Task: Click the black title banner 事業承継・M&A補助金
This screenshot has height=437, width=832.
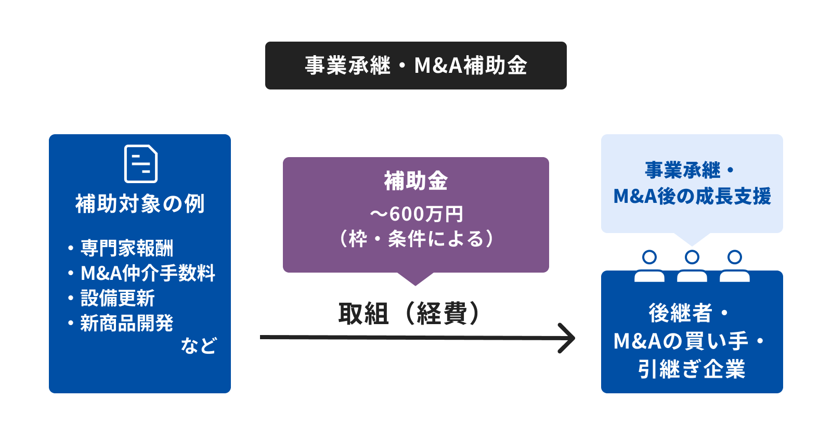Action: click(415, 66)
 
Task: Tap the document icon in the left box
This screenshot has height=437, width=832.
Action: click(141, 164)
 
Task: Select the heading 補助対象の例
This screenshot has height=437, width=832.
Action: click(140, 203)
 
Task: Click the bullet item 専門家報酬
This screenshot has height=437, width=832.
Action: click(127, 248)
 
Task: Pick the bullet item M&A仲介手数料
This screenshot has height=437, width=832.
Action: click(148, 273)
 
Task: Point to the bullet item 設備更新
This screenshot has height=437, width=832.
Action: click(118, 298)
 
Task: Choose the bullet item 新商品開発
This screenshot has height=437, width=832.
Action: click(127, 323)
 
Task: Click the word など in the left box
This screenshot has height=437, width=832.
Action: click(198, 345)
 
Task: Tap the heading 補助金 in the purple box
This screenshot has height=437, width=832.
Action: click(415, 182)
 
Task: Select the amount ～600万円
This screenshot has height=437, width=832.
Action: click(416, 214)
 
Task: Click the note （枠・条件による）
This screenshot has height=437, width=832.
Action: click(416, 239)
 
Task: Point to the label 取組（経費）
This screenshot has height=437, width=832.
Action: click(410, 313)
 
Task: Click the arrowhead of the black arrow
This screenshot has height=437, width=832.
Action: click(571, 338)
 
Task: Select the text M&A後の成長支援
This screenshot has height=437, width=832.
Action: click(692, 196)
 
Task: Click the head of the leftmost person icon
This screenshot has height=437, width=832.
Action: click(649, 257)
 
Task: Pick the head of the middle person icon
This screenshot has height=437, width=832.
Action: click(692, 257)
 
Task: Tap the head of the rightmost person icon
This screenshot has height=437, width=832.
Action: click(735, 257)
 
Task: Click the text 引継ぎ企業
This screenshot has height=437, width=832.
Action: click(692, 369)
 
